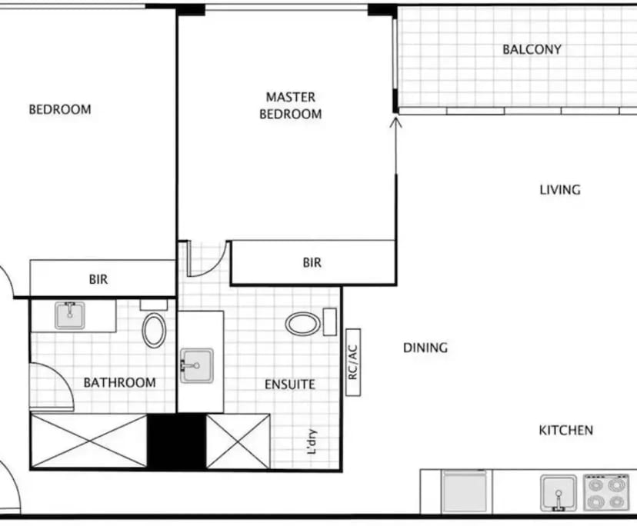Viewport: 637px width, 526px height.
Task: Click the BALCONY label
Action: pyautogui.click(x=532, y=49)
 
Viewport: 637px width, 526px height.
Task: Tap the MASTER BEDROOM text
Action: pyautogui.click(x=290, y=105)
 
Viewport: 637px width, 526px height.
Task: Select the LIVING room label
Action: pyautogui.click(x=559, y=190)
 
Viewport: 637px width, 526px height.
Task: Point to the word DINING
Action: pyautogui.click(x=425, y=348)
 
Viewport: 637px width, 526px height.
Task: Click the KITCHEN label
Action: pyautogui.click(x=565, y=431)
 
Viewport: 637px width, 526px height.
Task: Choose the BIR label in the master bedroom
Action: pyautogui.click(x=312, y=263)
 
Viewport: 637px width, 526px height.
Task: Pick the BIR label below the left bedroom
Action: pyautogui.click(x=98, y=280)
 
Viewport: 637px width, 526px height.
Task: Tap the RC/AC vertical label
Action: pyautogui.click(x=354, y=361)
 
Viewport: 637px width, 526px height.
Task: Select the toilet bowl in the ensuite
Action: pyautogui.click(x=303, y=324)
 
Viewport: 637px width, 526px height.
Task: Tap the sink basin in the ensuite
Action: pyautogui.click(x=197, y=365)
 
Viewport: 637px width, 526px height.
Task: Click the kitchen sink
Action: pyautogui.click(x=558, y=492)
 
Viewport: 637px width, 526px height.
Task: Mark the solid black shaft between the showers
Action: pyautogui.click(x=176, y=441)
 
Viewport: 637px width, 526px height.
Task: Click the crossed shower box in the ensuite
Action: pyautogui.click(x=238, y=441)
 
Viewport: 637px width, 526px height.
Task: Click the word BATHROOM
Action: pyautogui.click(x=119, y=382)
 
